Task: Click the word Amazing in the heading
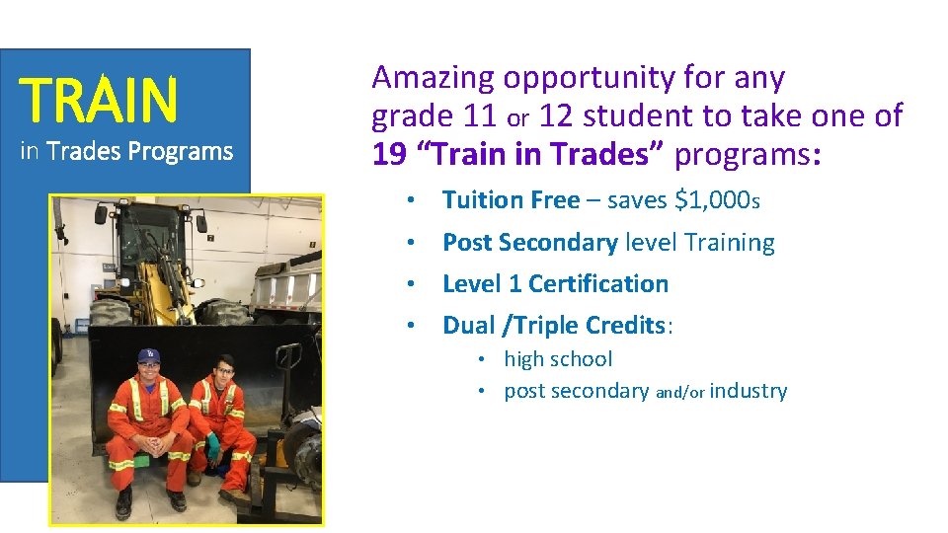434,78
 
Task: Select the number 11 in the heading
480,116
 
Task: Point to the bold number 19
389,154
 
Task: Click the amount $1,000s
717,200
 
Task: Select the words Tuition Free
511,200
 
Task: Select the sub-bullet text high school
558,359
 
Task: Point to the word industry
748,391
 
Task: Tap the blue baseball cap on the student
150,355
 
